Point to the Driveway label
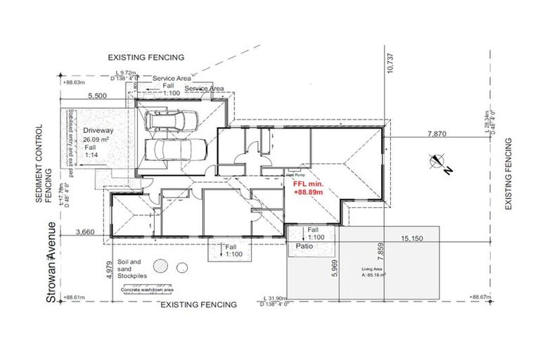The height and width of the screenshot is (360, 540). tap(98, 131)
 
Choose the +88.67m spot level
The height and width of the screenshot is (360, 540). tap(486, 297)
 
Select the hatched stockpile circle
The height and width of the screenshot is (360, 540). tap(162, 266)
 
